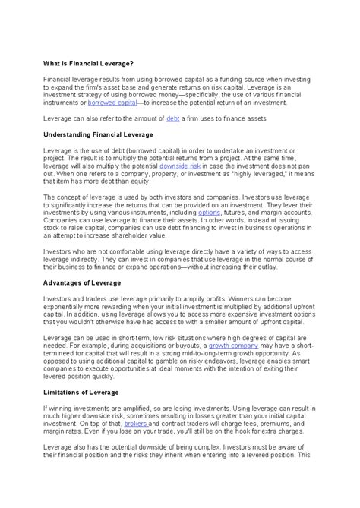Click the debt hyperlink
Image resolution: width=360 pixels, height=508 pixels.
coord(173,118)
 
